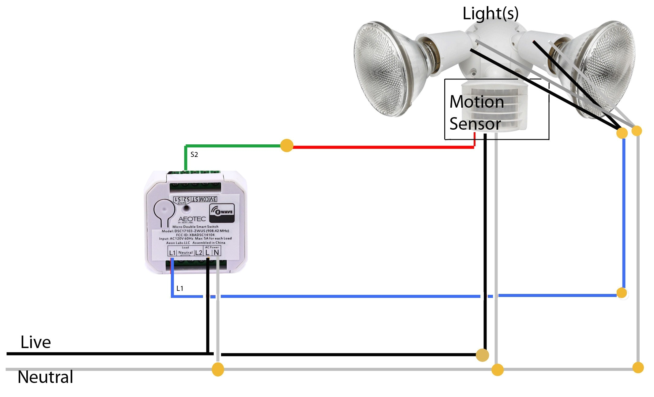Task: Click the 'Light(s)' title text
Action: [490, 14]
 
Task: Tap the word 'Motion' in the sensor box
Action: [476, 102]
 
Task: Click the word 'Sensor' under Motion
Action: [475, 124]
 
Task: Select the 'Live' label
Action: [36, 342]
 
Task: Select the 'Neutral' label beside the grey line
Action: [45, 377]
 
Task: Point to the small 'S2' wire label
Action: [194, 154]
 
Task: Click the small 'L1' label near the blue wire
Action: [180, 288]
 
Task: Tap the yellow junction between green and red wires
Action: [287, 146]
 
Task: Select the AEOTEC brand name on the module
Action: [192, 219]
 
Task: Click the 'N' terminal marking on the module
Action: [216, 252]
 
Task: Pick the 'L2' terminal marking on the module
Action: [199, 252]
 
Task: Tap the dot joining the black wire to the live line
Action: [482, 355]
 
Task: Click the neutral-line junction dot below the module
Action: [218, 369]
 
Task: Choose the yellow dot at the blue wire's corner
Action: [622, 293]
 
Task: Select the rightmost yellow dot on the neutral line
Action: [638, 368]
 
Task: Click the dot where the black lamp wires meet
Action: [622, 133]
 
